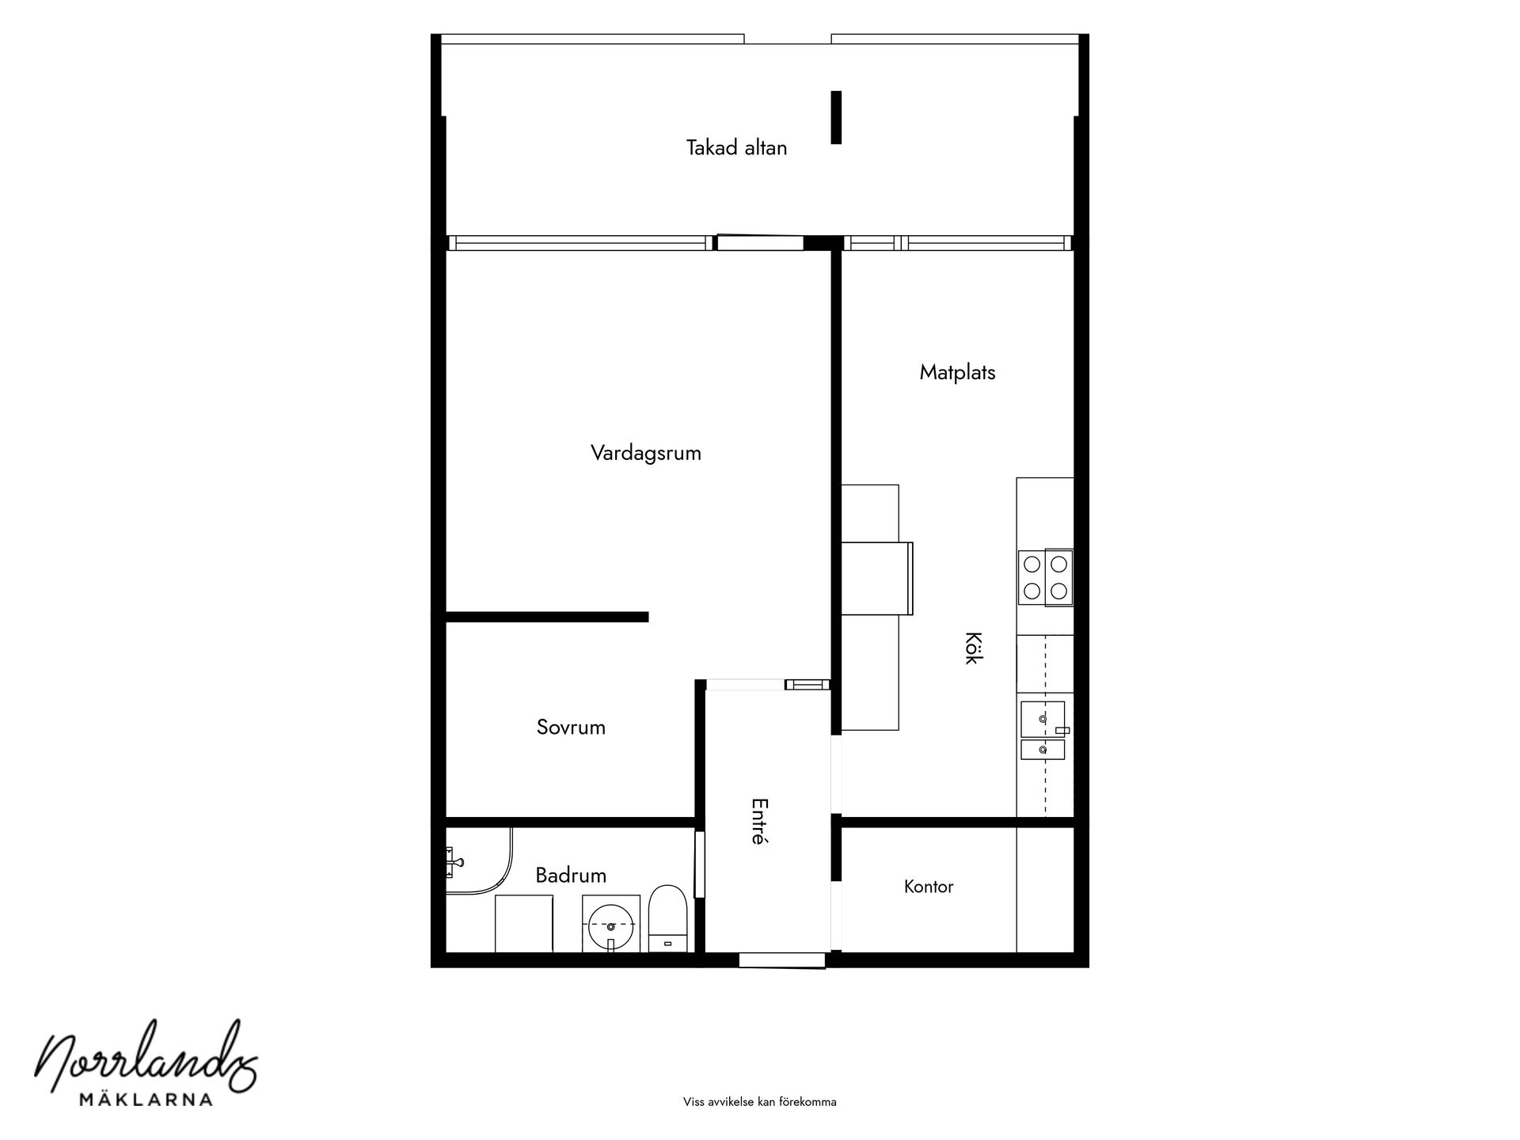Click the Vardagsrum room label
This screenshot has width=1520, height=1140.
[646, 454]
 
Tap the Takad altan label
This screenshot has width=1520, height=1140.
[736, 148]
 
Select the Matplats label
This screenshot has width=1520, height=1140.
[957, 373]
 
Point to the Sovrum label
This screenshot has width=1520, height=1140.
[571, 728]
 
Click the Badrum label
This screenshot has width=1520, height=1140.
[571, 876]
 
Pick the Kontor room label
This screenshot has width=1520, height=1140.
[929, 887]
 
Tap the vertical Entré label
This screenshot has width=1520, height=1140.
[758, 821]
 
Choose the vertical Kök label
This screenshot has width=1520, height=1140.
[972, 648]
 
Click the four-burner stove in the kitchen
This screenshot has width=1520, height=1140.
[1045, 578]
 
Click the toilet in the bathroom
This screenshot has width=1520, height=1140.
[667, 918]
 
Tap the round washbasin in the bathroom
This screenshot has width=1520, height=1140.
[611, 924]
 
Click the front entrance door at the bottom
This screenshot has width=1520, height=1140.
[782, 960]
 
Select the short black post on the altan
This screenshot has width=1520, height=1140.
[836, 117]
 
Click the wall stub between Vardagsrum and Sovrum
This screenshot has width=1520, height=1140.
[547, 617]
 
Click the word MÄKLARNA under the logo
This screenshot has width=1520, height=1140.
[146, 1099]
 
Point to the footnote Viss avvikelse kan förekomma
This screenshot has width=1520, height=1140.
[760, 1102]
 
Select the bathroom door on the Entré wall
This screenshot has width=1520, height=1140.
[699, 864]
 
